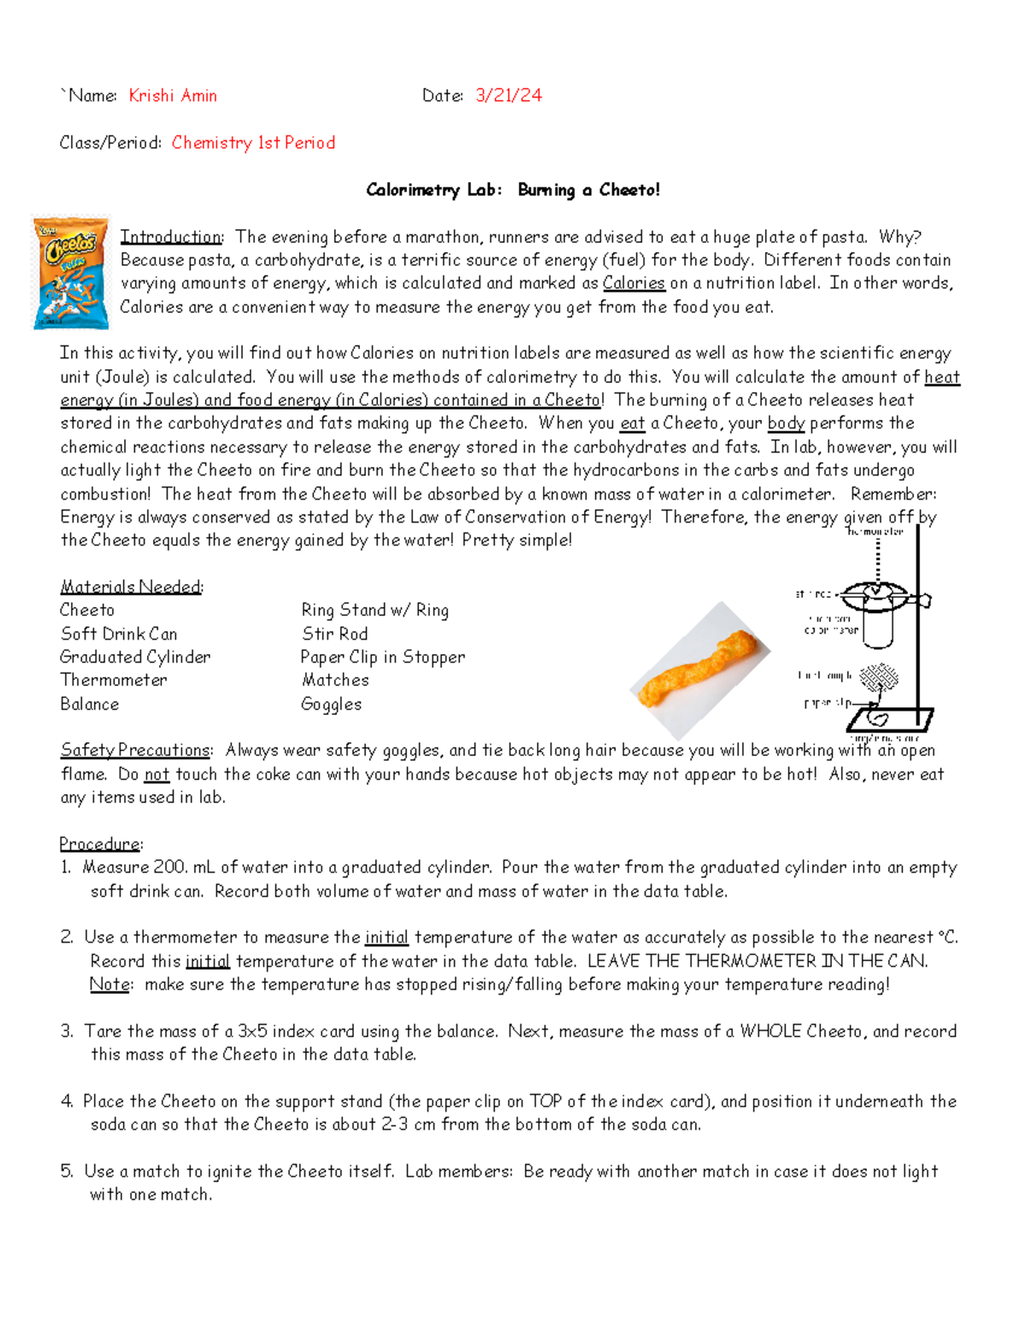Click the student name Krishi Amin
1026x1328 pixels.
tap(173, 96)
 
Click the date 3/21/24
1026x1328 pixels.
tap(509, 96)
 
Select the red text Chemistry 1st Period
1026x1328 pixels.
tap(253, 143)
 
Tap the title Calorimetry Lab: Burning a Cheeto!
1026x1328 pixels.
tap(513, 190)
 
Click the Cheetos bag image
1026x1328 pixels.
tap(71, 273)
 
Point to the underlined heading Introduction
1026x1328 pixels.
tap(171, 237)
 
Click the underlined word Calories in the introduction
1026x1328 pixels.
tap(634, 283)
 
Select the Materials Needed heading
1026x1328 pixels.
tap(131, 587)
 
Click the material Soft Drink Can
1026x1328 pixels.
tap(119, 634)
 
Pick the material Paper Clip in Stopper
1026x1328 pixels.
tap(383, 657)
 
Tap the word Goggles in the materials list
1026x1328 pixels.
tap(331, 704)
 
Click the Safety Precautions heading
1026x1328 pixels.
tap(135, 750)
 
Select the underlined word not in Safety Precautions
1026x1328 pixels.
tap(156, 775)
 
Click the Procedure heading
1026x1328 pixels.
tap(100, 844)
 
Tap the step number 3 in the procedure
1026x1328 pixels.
tap(66, 1031)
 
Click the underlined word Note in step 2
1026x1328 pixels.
tap(110, 984)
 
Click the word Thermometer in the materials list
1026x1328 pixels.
tap(114, 680)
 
